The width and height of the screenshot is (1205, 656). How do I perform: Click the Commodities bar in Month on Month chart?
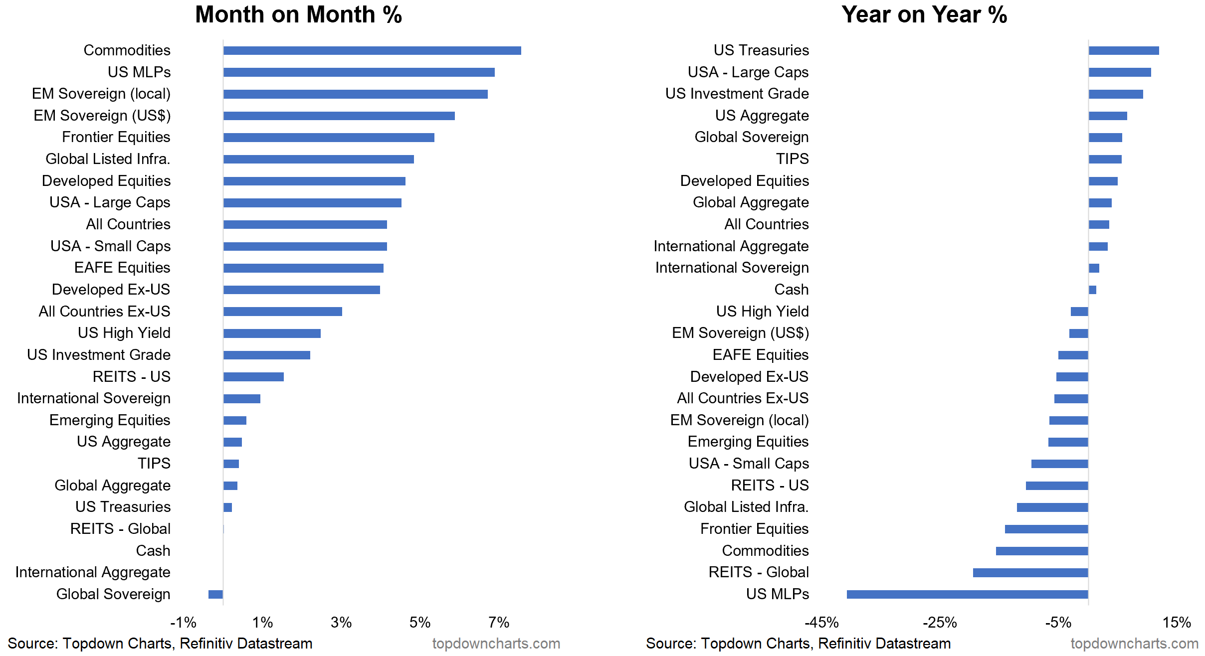(372, 50)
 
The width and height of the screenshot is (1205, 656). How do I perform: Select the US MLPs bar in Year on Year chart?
(967, 594)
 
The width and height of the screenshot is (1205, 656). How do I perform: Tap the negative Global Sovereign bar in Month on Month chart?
(215, 594)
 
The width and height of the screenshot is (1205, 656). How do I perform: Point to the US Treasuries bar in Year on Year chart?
(1123, 50)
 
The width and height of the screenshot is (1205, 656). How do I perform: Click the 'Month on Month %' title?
(298, 14)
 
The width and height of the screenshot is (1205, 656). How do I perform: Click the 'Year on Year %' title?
(924, 14)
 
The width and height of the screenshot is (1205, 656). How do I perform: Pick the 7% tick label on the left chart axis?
(499, 622)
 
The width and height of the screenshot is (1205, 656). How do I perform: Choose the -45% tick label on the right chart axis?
(821, 622)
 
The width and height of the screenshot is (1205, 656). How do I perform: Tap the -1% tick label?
(183, 622)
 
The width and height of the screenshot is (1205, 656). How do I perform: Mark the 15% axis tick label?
(1177, 622)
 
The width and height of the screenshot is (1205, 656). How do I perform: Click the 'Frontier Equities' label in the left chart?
(116, 137)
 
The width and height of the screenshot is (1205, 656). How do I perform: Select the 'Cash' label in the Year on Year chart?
(791, 290)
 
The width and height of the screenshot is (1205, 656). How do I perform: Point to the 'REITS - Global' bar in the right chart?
(1030, 572)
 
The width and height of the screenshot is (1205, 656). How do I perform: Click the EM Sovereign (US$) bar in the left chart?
(339, 116)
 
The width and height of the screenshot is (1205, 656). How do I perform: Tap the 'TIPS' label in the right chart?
(792, 159)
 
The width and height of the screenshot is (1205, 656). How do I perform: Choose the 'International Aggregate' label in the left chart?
(93, 572)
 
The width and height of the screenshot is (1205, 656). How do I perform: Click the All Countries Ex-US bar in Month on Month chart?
(283, 312)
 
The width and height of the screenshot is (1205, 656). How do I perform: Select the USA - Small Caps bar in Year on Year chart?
(1059, 464)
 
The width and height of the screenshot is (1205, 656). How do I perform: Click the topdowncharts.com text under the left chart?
(496, 644)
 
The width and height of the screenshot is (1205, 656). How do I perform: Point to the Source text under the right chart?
(798, 644)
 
